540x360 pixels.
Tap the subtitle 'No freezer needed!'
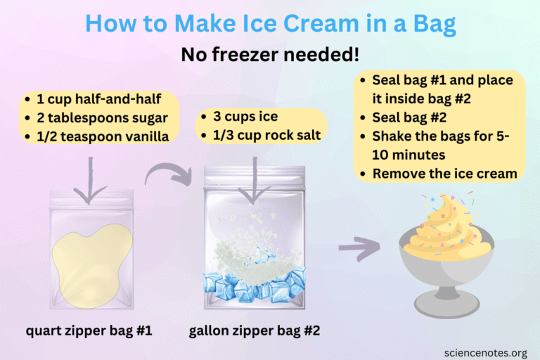click(270, 54)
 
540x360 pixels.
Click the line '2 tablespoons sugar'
click(102, 117)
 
